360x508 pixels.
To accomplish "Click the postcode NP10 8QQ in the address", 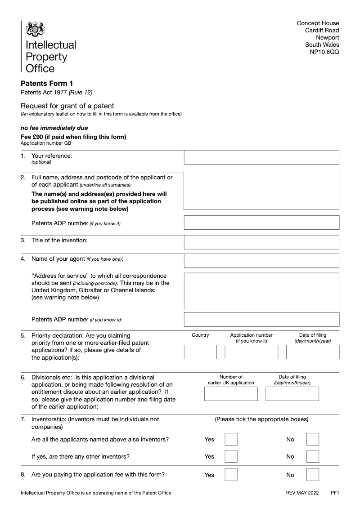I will pyautogui.click(x=324, y=52).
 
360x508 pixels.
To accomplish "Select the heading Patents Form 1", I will pyautogui.click(x=47, y=84).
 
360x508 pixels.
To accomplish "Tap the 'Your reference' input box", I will pyautogui.click(x=261, y=158).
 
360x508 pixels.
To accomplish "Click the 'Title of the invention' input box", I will pyautogui.click(x=261, y=242).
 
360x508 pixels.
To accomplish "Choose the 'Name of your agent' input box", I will pyautogui.click(x=261, y=261).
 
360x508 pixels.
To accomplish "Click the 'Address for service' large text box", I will pyautogui.click(x=261, y=290).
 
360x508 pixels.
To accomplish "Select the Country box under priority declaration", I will pyautogui.click(x=200, y=352).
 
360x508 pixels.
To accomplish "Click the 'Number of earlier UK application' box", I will pyautogui.click(x=231, y=394).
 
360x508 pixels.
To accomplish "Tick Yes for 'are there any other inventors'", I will pyautogui.click(x=231, y=456).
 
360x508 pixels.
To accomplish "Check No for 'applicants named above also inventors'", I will pyautogui.click(x=312, y=439).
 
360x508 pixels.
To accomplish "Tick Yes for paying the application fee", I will pyautogui.click(x=231, y=475).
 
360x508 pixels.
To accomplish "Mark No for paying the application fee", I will pyautogui.click(x=312, y=475).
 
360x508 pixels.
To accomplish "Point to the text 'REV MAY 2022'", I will pyautogui.click(x=302, y=493).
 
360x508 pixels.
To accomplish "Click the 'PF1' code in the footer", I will pyautogui.click(x=335, y=493).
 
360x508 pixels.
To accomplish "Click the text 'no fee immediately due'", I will pyautogui.click(x=54, y=128).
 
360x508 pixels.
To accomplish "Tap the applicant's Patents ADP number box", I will pyautogui.click(x=261, y=223).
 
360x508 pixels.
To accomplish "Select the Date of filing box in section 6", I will pyautogui.click(x=292, y=394).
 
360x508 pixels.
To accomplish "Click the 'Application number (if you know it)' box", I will pyautogui.click(x=251, y=352).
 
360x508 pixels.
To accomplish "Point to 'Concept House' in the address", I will pyautogui.click(x=318, y=23).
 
